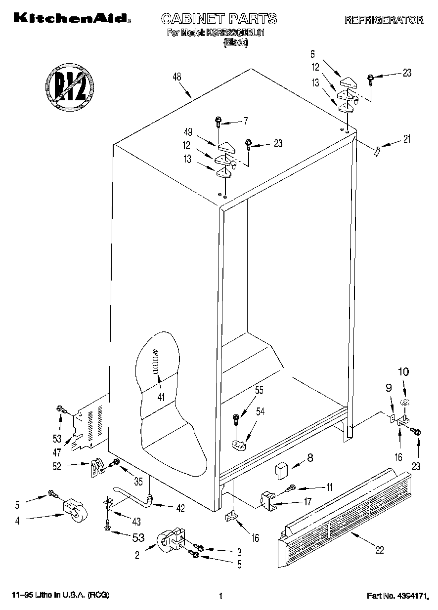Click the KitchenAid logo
click(x=72, y=18)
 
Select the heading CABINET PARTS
click(x=219, y=19)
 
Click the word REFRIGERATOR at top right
click(x=384, y=20)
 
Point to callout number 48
click(x=176, y=77)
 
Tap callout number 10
click(x=404, y=371)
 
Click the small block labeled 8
click(x=282, y=469)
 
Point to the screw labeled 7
click(x=219, y=122)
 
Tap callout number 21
click(x=406, y=139)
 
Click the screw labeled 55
click(x=236, y=421)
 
